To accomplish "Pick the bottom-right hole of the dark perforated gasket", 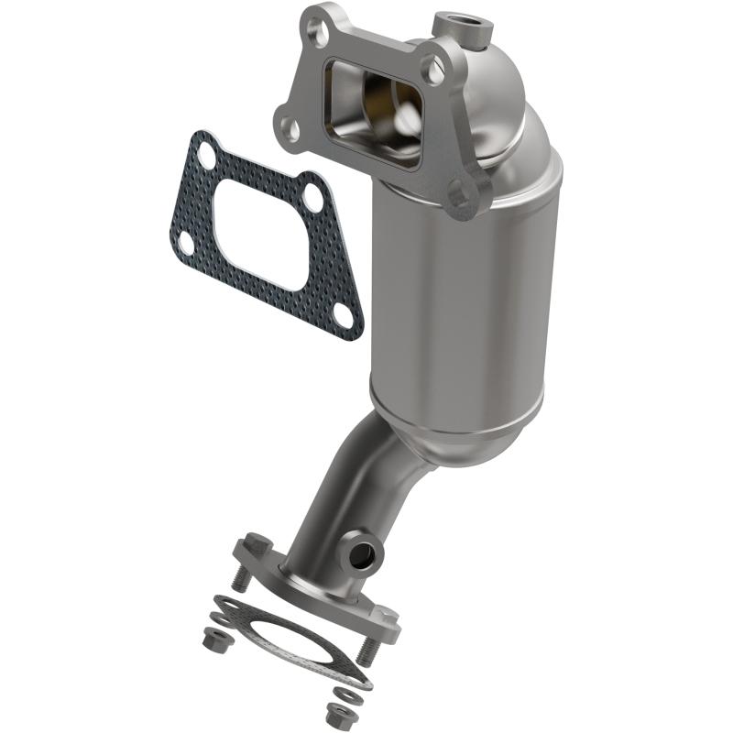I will pyautogui.click(x=342, y=313).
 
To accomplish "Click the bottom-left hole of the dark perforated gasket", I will pyautogui.click(x=185, y=243).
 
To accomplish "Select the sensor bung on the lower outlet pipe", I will pyautogui.click(x=363, y=552).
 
